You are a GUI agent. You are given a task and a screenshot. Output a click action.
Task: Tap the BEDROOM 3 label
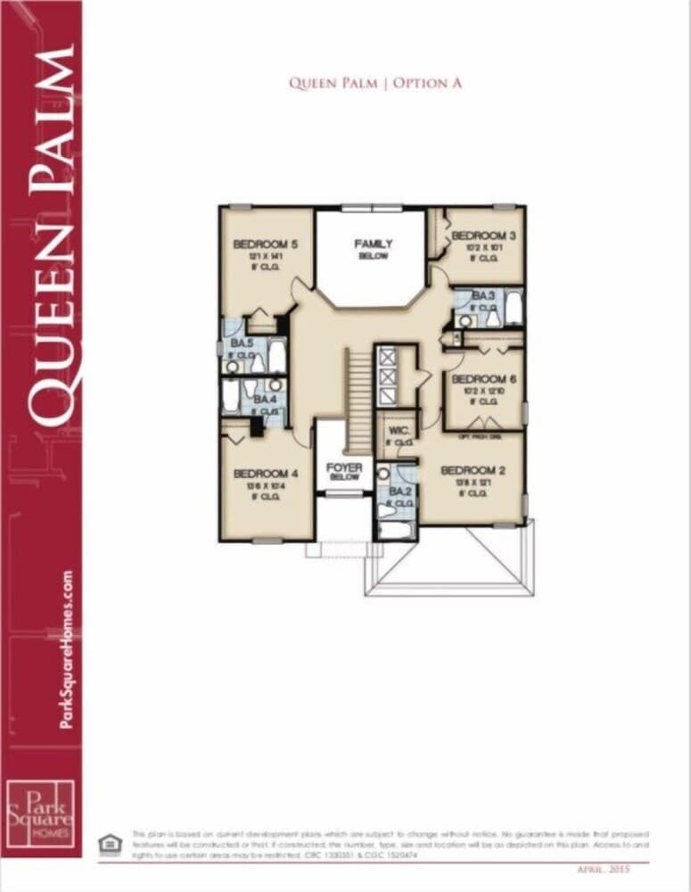[x=484, y=235]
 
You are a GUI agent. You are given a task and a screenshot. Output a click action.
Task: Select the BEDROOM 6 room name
[x=484, y=378]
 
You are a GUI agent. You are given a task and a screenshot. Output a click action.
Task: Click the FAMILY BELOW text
[x=373, y=244]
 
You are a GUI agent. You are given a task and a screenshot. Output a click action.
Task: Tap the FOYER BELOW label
[x=343, y=467]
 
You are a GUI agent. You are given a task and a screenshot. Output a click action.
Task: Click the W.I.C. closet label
[x=399, y=428]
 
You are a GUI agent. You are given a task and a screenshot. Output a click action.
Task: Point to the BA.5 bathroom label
[x=242, y=343]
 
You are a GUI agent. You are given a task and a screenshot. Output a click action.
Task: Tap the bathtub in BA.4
[x=232, y=395]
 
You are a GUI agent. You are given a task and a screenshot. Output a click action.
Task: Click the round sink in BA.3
[x=465, y=320]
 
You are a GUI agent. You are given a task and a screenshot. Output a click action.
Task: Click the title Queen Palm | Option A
[x=374, y=83]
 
